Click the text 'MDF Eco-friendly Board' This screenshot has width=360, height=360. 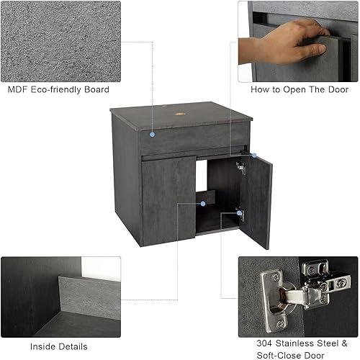pos(58,90)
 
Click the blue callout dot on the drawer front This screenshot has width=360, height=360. pos(152,134)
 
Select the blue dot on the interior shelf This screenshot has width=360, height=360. pos(203,204)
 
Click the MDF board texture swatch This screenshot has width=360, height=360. pos(60,40)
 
